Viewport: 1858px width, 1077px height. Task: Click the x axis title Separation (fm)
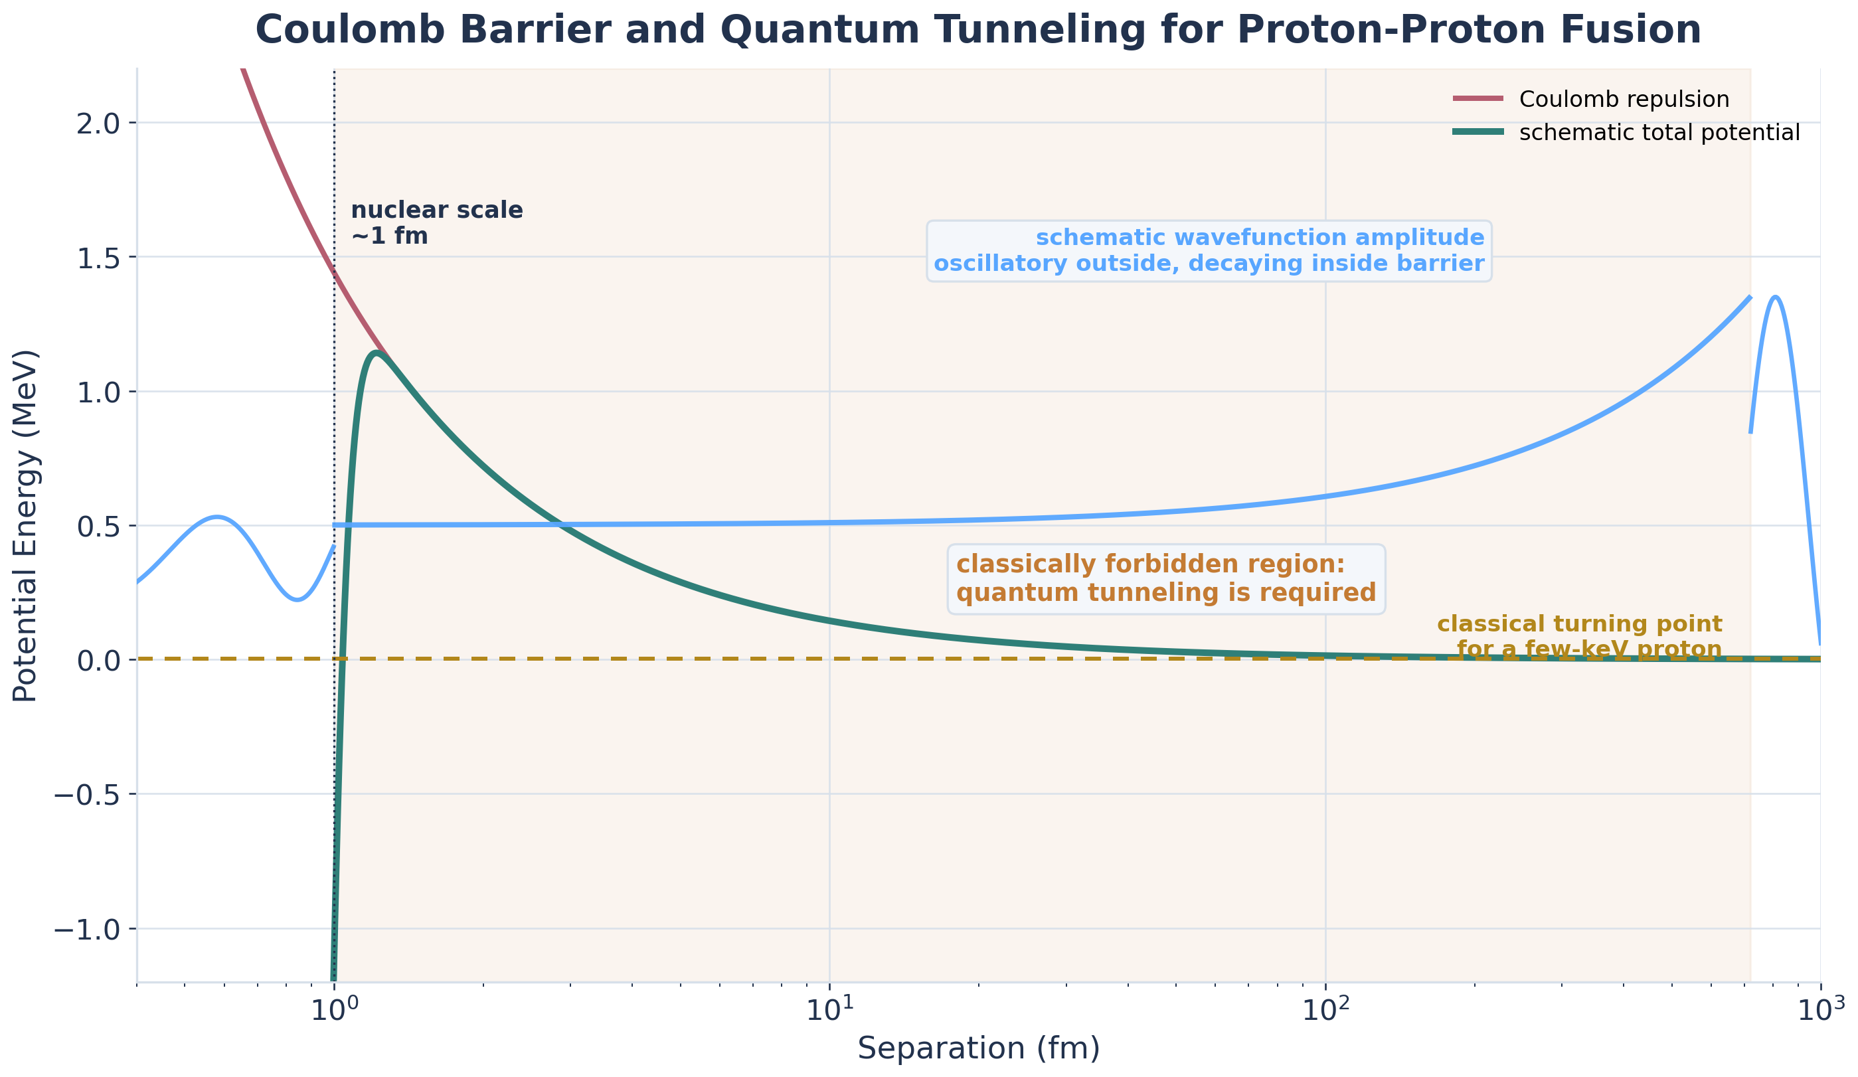(x=978, y=1048)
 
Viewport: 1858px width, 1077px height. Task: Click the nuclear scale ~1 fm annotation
(x=436, y=222)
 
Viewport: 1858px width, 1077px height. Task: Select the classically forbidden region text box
(x=1165, y=579)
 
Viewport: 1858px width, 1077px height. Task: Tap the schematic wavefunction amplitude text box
(x=1209, y=250)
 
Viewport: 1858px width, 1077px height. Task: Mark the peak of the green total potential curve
(x=377, y=353)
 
